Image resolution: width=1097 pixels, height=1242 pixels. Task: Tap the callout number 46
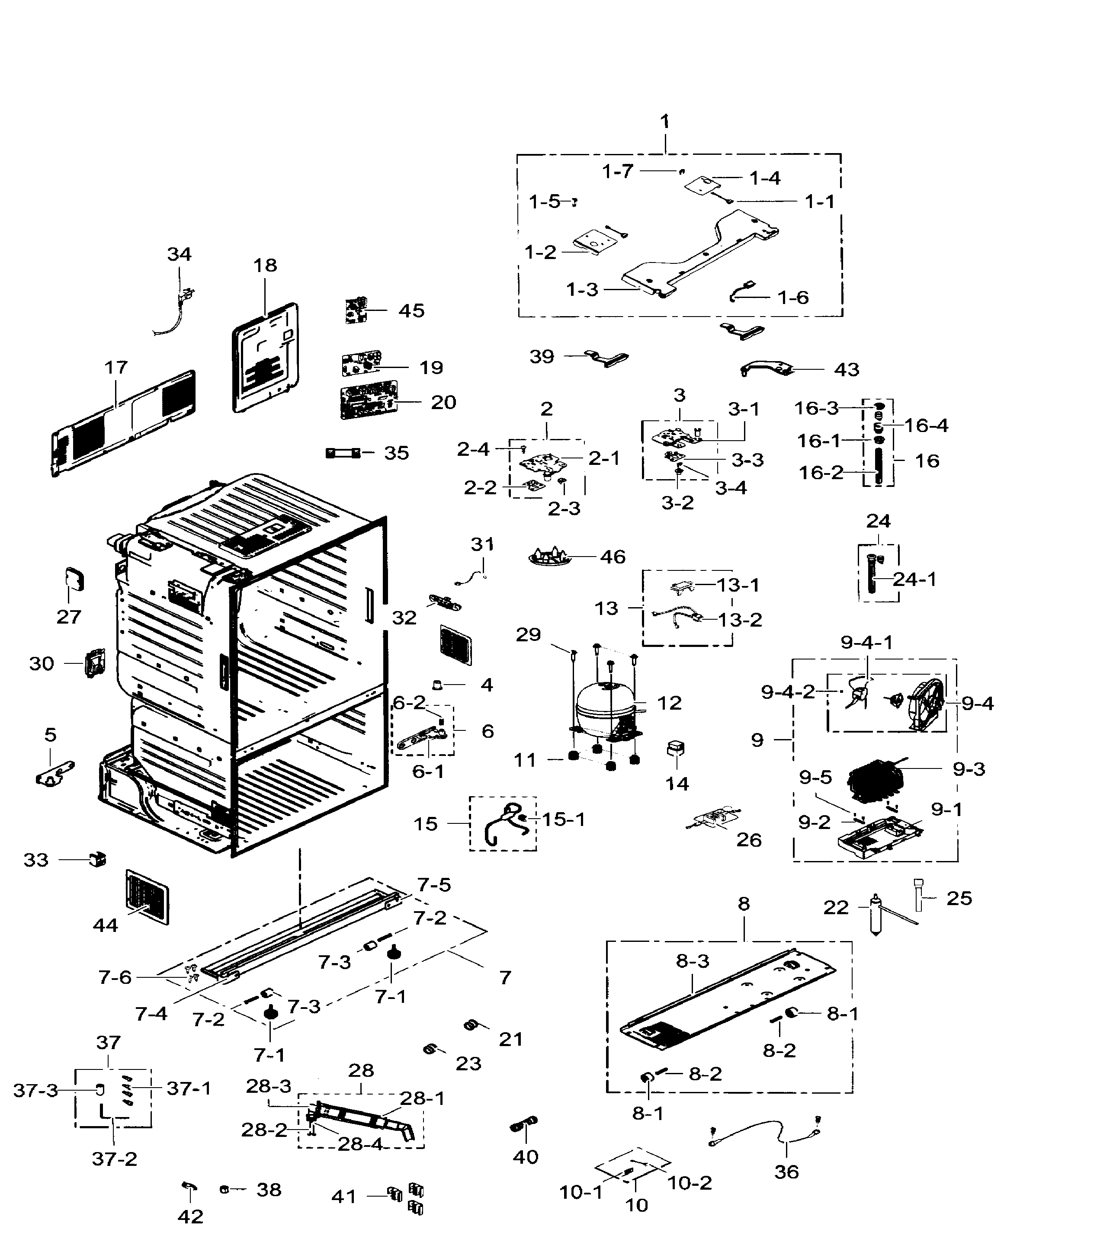pos(612,557)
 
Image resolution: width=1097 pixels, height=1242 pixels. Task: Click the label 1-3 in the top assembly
pos(582,290)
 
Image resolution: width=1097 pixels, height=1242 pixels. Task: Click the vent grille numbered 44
pos(147,897)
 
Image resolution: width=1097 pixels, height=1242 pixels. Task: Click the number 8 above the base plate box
pos(744,903)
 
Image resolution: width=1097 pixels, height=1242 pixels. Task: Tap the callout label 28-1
pos(422,1098)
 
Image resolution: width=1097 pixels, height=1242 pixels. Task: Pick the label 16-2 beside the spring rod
pos(821,473)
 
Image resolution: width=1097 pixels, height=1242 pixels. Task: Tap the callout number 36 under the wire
pos(786,1172)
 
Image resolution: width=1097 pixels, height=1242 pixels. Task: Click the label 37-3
pos(35,1091)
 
